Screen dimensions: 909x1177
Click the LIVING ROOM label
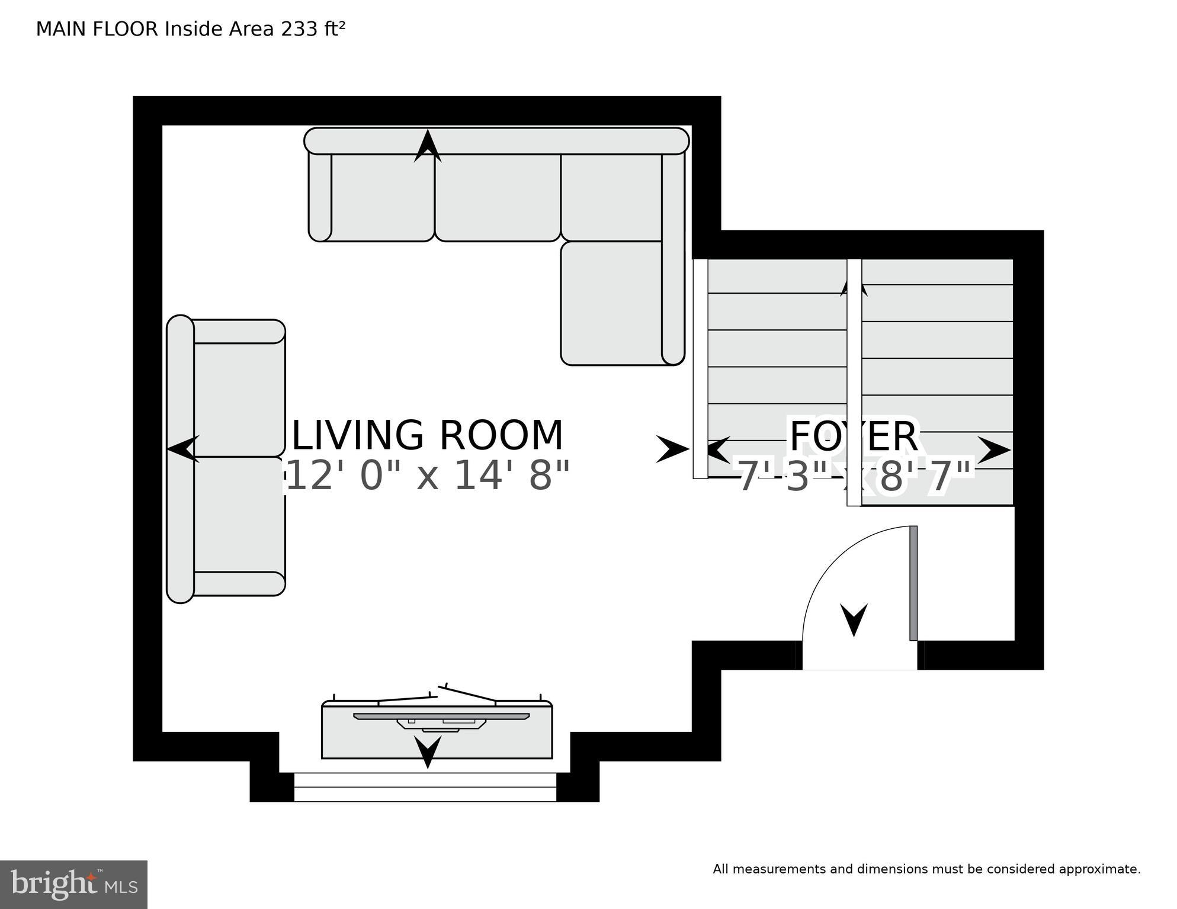point(428,436)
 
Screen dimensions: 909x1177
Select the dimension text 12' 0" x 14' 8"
point(428,476)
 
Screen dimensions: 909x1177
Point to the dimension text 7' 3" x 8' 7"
point(854,477)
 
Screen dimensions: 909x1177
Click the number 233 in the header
point(299,29)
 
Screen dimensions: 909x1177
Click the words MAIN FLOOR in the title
point(97,29)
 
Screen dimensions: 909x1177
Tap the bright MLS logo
point(73,884)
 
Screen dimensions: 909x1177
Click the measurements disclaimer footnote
point(926,869)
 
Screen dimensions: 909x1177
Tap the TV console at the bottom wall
point(437,730)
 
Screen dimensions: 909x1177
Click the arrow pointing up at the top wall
point(428,146)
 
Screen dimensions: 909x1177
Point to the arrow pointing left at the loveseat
point(183,449)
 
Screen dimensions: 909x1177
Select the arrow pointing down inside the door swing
point(854,619)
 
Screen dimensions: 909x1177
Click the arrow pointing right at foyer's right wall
point(993,450)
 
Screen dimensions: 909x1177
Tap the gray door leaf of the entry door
point(913,583)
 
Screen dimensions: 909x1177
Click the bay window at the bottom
point(425,787)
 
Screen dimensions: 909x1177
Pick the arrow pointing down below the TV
point(427,751)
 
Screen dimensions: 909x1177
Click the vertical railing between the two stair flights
point(854,382)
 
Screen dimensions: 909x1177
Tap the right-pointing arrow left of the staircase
point(672,449)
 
